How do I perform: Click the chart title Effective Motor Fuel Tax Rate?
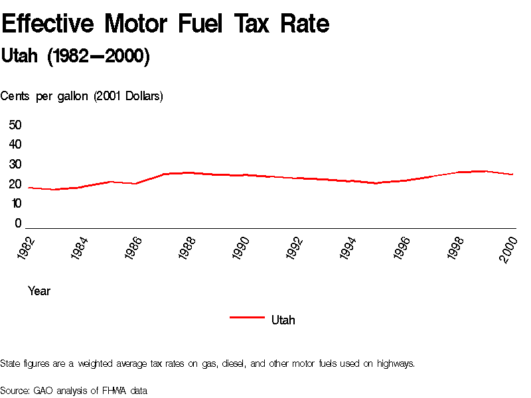point(165,25)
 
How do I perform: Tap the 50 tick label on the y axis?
point(15,125)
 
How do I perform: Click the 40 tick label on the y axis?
point(15,145)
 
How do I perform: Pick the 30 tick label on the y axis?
point(15,165)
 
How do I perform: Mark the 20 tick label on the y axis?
point(15,184)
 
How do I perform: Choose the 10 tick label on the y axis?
point(15,204)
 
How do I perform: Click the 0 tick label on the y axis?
point(19,224)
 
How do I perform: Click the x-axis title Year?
point(39,291)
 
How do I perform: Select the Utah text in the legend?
point(283,320)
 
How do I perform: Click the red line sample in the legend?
point(247,318)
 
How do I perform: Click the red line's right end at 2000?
point(513,174)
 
